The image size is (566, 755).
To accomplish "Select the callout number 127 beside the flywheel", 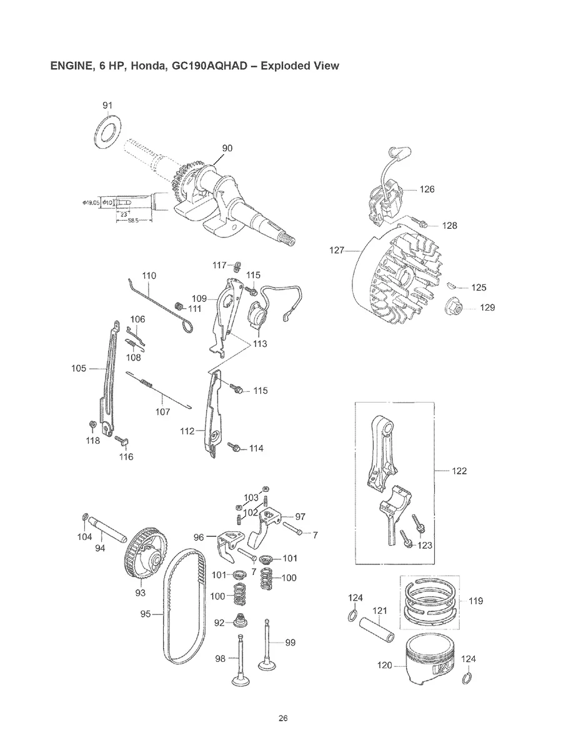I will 337,251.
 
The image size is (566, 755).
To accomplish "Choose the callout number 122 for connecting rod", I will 459,471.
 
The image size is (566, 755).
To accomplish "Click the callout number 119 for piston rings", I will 475,601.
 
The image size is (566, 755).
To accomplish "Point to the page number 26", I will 283,717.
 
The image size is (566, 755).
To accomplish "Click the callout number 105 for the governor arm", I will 79,369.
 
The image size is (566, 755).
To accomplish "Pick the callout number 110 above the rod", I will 148,276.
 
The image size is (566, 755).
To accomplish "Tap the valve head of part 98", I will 239,681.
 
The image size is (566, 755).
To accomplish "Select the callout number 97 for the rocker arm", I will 300,516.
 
